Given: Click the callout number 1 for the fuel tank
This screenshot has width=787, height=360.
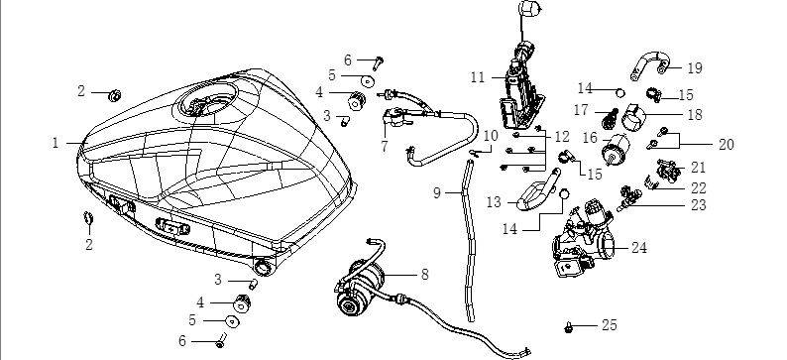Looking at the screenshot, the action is pyautogui.click(x=56, y=143).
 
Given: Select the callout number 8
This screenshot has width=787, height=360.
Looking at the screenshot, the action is pyautogui.click(x=425, y=275).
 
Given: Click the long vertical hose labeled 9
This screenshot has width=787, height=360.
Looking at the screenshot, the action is pyautogui.click(x=469, y=241).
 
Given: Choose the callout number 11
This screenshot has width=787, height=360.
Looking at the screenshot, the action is pyautogui.click(x=478, y=77).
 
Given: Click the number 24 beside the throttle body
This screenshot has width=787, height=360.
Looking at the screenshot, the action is pyautogui.click(x=638, y=248).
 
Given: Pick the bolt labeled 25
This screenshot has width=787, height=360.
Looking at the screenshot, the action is pyautogui.click(x=569, y=328).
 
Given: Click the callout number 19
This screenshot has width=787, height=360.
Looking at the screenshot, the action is pyautogui.click(x=695, y=68).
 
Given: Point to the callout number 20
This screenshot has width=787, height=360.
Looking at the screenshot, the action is pyautogui.click(x=727, y=145).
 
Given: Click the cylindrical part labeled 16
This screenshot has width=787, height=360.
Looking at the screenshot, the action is pyautogui.click(x=616, y=149).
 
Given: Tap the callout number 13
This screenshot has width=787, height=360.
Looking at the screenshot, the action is pyautogui.click(x=494, y=202).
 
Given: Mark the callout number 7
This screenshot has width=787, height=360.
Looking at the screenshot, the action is pyautogui.click(x=385, y=147).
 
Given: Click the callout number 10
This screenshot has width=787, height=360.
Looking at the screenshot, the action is pyautogui.click(x=491, y=136).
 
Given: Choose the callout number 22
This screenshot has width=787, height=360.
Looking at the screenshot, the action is pyautogui.click(x=698, y=188).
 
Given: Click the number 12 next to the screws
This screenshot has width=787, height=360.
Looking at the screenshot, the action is pyautogui.click(x=562, y=137).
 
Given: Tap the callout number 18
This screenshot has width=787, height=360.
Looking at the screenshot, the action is pyautogui.click(x=695, y=115).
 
